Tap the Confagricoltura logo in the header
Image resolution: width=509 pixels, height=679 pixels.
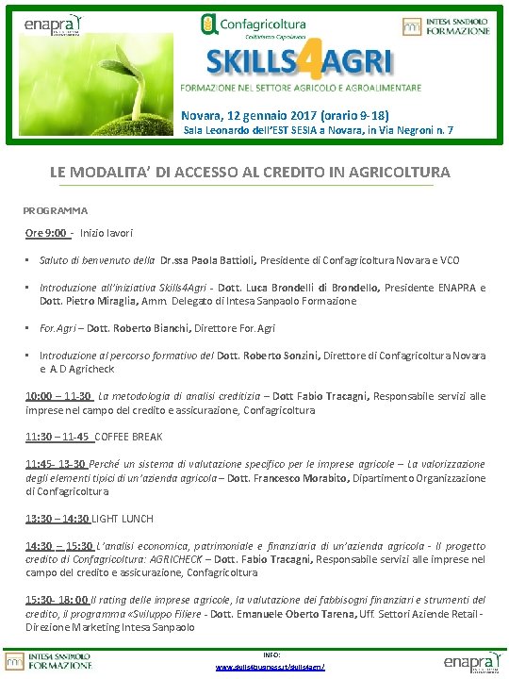tap(254, 25)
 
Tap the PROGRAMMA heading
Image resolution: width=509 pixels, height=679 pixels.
tap(55, 210)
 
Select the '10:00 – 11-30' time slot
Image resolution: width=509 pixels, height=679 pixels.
tap(58, 397)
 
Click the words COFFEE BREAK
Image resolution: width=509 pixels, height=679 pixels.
tap(128, 437)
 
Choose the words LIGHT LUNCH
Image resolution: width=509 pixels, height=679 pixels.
tap(127, 519)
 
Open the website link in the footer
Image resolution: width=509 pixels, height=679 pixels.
tap(271, 667)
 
